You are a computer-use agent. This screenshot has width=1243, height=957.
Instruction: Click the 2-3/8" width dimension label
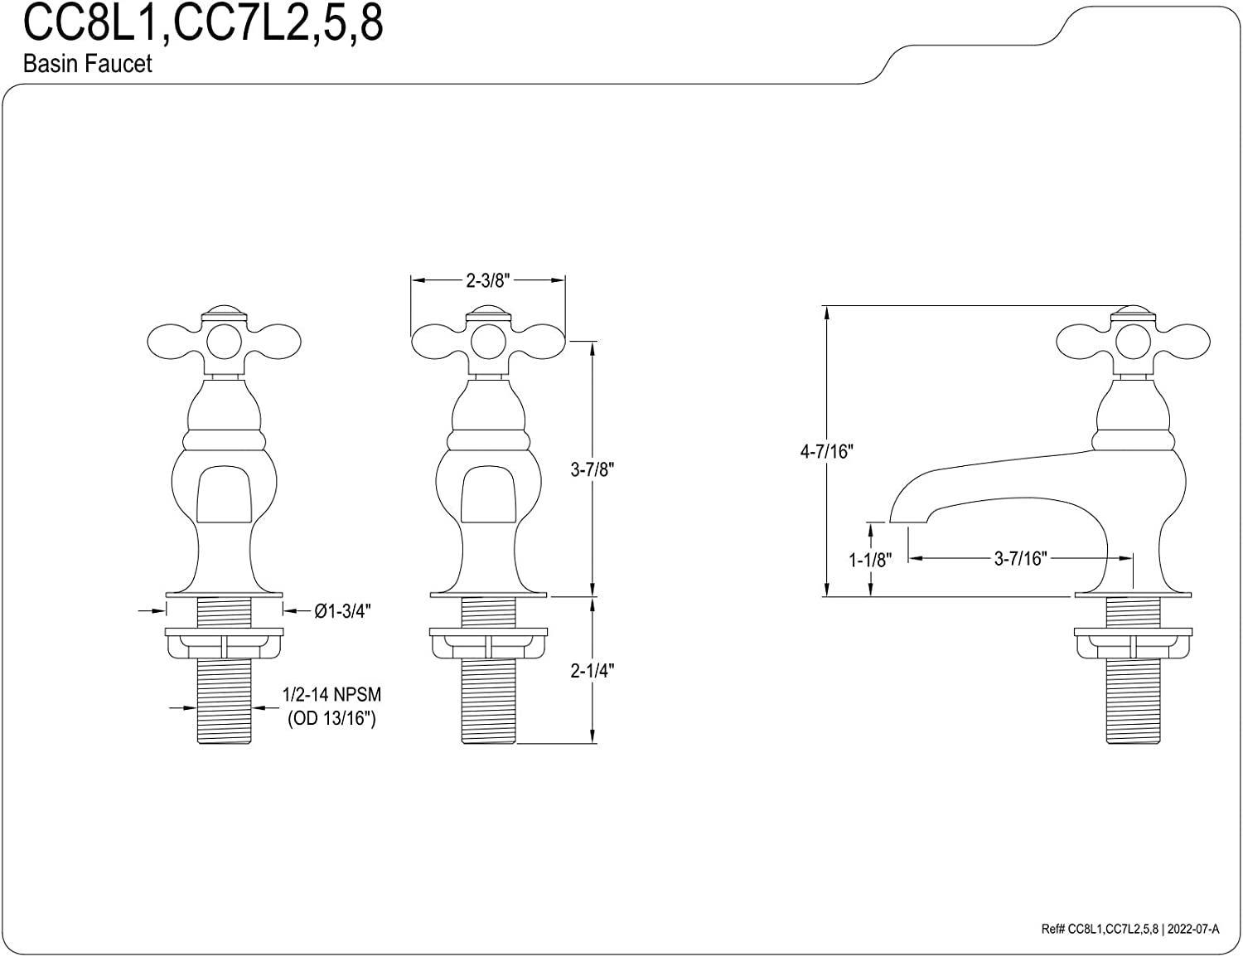(487, 280)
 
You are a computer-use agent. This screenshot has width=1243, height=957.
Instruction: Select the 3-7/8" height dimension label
(592, 469)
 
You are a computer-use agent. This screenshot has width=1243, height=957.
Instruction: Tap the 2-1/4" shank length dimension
(592, 670)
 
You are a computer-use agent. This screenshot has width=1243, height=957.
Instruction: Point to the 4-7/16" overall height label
(826, 452)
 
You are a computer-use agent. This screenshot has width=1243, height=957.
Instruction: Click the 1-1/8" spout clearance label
(870, 560)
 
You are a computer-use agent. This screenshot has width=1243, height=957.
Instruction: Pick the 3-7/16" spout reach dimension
(1020, 558)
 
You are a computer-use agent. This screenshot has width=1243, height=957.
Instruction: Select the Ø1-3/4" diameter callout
(342, 611)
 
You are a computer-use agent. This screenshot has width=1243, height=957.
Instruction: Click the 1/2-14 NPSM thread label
(331, 695)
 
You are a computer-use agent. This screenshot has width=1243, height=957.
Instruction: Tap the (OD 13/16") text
(331, 718)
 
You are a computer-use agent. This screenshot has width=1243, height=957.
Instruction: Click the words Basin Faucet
(88, 64)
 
